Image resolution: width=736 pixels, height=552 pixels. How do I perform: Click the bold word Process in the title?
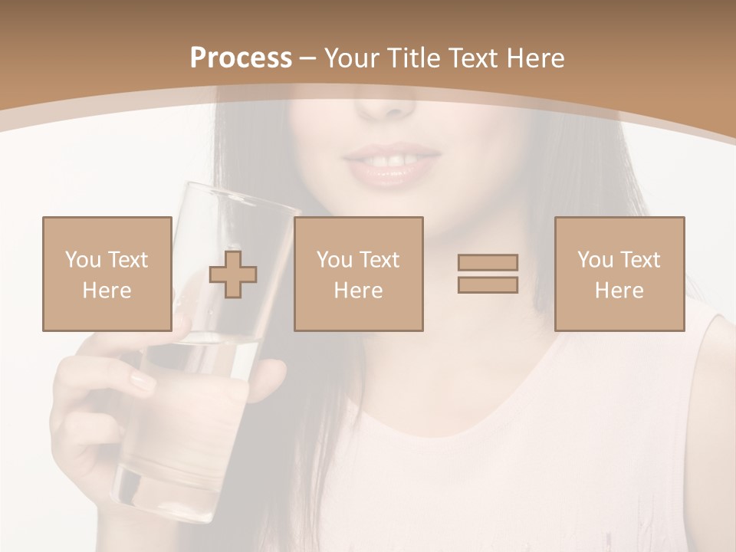coord(241,58)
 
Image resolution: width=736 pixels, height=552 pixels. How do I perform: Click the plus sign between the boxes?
coord(233,274)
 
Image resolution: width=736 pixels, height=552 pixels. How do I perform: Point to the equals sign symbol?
coord(488,274)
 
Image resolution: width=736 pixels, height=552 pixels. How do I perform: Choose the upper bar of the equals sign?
coord(488,263)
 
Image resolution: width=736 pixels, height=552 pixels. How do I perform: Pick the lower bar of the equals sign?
coord(488,284)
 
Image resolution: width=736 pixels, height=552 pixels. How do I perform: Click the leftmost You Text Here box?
coord(107,274)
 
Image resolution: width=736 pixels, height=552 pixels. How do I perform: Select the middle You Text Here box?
coord(358,274)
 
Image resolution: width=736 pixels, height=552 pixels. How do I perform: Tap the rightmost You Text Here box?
coord(619,274)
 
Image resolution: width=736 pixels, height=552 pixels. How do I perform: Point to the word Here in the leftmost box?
coord(107,291)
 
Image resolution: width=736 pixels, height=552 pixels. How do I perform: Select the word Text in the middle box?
coord(379,260)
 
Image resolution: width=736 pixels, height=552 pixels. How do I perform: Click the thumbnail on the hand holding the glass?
coord(142,381)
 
